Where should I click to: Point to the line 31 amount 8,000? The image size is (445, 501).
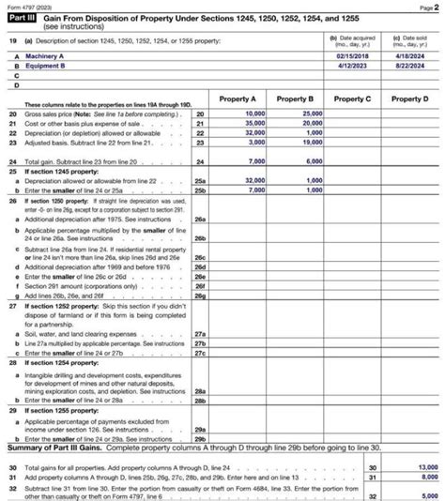click(417, 476)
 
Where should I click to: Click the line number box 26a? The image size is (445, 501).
click(199, 219)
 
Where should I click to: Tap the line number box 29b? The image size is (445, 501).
click(199, 438)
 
